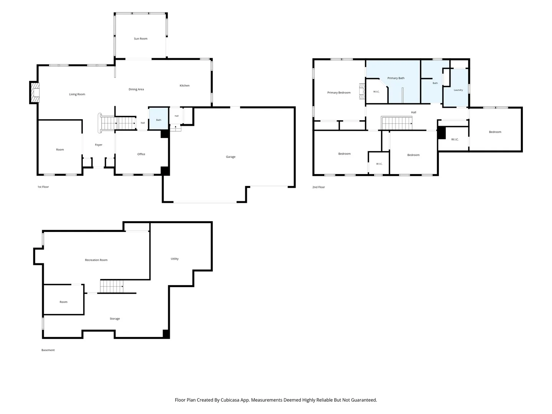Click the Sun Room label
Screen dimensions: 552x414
click(x=141, y=39)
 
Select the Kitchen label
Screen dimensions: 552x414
click(x=184, y=86)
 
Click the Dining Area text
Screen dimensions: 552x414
click(x=136, y=89)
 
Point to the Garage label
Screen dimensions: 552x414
click(x=231, y=157)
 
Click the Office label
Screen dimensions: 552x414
click(x=141, y=154)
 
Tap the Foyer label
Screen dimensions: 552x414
click(x=99, y=145)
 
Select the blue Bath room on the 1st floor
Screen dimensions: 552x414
click(x=158, y=119)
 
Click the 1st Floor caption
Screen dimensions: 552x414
click(x=43, y=187)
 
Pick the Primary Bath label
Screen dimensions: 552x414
click(x=396, y=78)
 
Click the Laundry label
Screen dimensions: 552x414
click(x=458, y=90)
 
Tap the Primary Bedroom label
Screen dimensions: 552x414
click(x=339, y=93)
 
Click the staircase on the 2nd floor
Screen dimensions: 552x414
click(x=397, y=123)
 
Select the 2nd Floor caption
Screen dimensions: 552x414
click(x=319, y=187)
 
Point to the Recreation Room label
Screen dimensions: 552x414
click(x=96, y=260)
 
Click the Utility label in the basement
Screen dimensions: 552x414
click(x=174, y=259)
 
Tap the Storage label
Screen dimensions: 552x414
click(x=115, y=319)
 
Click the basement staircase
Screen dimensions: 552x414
click(x=112, y=287)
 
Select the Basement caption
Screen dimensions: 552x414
click(x=48, y=350)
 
